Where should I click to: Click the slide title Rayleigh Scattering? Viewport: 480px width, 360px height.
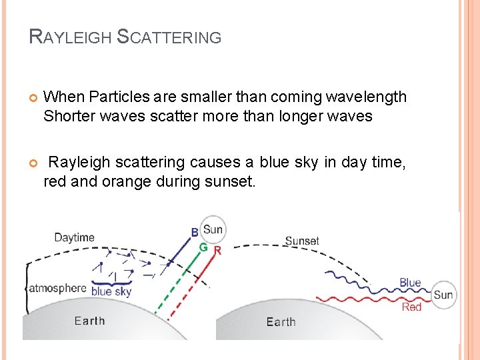(x=125, y=37)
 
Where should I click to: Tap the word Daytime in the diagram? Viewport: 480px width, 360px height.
(x=74, y=237)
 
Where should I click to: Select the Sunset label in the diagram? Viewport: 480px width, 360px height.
(x=302, y=241)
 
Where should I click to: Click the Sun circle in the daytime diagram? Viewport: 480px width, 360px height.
(x=213, y=230)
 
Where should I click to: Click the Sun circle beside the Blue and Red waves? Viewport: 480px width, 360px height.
(x=443, y=295)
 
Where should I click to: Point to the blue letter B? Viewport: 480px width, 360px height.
(x=195, y=233)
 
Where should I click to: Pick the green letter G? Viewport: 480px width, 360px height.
(x=203, y=247)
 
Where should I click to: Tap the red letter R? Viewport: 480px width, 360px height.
(x=217, y=251)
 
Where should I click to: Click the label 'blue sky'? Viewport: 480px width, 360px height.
(x=111, y=291)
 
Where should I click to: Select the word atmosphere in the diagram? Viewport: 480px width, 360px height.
(x=57, y=289)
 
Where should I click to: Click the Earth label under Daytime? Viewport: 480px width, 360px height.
(x=89, y=321)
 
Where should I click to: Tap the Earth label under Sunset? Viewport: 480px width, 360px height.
(x=281, y=322)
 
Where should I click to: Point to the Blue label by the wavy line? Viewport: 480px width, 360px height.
(x=410, y=283)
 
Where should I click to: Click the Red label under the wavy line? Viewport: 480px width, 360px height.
(x=411, y=307)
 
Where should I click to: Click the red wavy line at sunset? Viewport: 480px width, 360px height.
(x=360, y=299)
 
